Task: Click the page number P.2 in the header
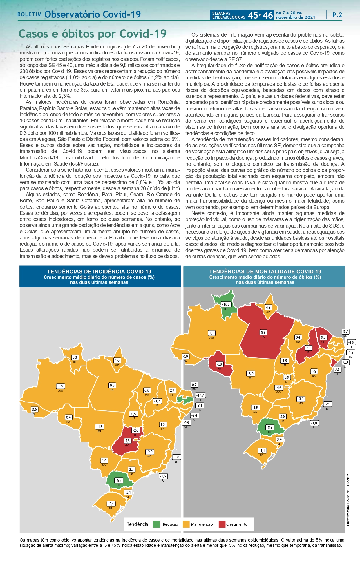tap(337, 15)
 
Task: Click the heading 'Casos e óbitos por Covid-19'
tap(93, 34)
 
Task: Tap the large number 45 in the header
tap(253, 15)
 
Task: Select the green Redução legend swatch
tap(156, 524)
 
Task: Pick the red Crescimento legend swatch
tap(222, 524)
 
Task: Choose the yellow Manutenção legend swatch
tap(186, 524)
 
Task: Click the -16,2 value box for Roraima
tap(226, 304)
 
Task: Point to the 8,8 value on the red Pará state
tap(263, 333)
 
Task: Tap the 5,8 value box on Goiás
tap(127, 441)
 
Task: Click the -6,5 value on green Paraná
tap(118, 480)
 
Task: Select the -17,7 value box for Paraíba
tap(200, 395)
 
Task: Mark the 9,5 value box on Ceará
tap(323, 337)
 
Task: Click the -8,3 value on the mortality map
tap(270, 427)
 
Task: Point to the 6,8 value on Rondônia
tap(219, 364)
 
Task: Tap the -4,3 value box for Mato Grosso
tap(100, 427)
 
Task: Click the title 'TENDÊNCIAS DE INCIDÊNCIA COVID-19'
tap(99, 272)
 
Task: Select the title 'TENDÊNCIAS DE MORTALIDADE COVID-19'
tap(265, 272)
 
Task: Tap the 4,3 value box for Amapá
tap(268, 308)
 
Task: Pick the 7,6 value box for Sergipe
tap(337, 370)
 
